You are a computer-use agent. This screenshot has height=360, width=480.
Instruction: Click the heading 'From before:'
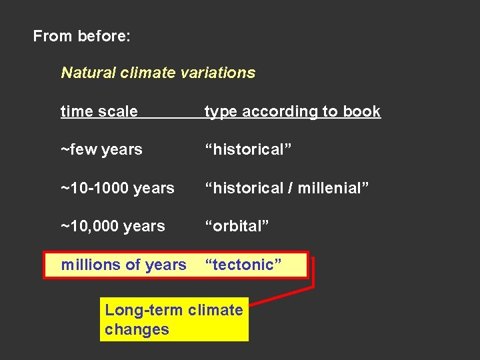point(81,36)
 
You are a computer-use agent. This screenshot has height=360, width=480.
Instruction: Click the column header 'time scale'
point(99,111)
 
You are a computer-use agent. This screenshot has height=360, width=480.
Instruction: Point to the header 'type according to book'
point(292,111)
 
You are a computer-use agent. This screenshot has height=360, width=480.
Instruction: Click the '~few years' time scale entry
point(101,149)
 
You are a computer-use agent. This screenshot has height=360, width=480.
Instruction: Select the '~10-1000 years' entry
point(117,188)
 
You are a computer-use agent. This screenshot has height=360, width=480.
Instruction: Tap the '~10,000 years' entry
point(113,226)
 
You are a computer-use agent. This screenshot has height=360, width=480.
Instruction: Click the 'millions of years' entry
point(123,265)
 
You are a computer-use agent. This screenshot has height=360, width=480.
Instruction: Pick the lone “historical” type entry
point(248,149)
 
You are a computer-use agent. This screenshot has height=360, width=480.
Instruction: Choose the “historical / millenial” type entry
point(287,188)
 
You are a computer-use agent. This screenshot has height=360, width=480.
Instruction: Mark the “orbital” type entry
point(237,226)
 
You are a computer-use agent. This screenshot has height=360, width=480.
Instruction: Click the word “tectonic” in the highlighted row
point(243,265)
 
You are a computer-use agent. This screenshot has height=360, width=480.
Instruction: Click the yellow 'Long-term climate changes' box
point(174,319)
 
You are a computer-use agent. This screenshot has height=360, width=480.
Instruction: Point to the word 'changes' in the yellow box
point(137,329)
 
